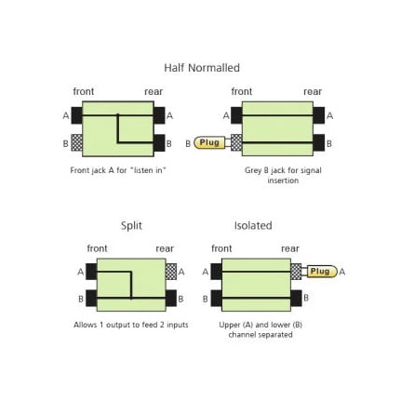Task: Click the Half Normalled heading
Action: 202,68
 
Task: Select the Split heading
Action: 131,226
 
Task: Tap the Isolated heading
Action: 253,225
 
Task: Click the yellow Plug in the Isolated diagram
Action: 322,272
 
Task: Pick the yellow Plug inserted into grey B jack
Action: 209,142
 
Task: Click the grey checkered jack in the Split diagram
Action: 171,272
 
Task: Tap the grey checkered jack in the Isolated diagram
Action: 296,272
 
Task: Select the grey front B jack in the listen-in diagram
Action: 77,142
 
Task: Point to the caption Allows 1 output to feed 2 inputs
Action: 131,325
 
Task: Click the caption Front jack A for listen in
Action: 118,170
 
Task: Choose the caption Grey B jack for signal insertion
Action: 283,175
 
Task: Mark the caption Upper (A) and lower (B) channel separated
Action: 260,329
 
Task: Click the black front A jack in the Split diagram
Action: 91,272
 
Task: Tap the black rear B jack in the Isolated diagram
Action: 296,298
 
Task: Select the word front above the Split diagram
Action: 97,248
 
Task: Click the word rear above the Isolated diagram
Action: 290,248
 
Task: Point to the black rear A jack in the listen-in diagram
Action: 159,115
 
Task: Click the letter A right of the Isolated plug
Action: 342,272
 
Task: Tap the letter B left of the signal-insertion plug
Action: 188,144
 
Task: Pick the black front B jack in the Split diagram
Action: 91,298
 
